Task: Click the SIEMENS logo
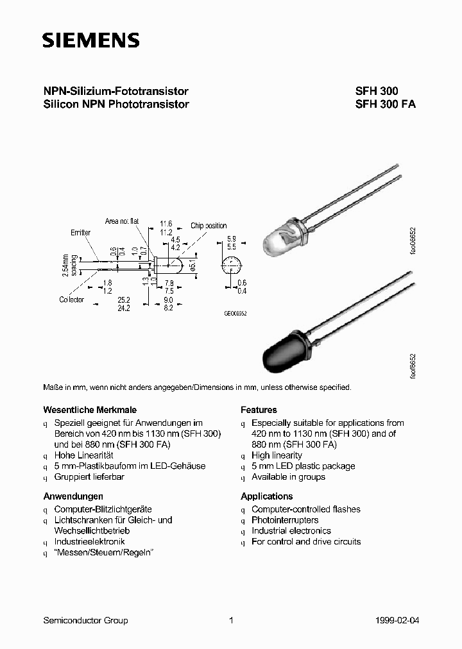tap(90, 40)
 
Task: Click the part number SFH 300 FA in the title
tap(385, 104)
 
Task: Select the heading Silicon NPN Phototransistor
tap(116, 104)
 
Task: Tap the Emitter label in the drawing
tap(81, 232)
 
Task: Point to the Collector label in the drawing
tap(72, 300)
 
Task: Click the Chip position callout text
tap(209, 226)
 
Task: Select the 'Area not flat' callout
tap(122, 221)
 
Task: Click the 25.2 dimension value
tap(123, 299)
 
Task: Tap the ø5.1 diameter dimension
tap(193, 265)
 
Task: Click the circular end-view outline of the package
tap(232, 265)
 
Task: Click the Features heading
tap(259, 410)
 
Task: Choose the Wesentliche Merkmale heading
tap(89, 410)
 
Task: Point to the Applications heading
tap(266, 496)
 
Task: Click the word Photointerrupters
tap(285, 520)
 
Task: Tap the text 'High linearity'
tap(277, 455)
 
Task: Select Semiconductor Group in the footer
tap(85, 620)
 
